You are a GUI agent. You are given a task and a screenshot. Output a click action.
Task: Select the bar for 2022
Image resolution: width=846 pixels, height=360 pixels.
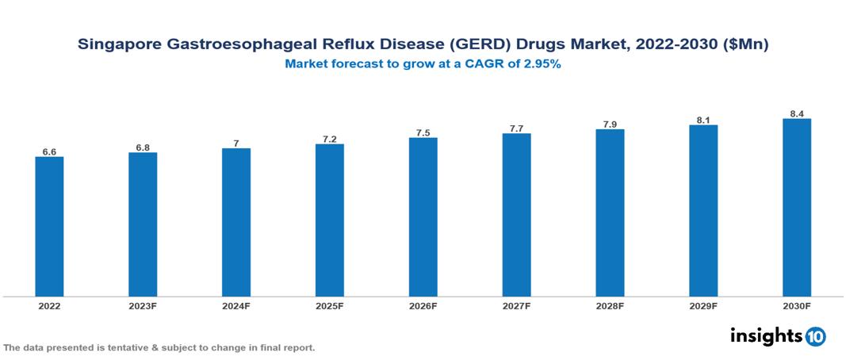click(x=49, y=227)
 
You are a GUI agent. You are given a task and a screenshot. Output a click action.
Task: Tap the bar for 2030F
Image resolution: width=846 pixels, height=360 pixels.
click(x=796, y=208)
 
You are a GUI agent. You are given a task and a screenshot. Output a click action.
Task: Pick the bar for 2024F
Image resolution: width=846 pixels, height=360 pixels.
click(x=236, y=223)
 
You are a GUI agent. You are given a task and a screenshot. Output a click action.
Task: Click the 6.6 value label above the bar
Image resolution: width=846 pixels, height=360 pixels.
click(x=49, y=151)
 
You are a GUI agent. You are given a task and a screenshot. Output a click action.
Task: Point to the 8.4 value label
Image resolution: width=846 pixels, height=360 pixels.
click(x=796, y=113)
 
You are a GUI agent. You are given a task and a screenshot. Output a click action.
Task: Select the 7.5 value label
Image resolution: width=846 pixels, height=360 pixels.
click(x=423, y=132)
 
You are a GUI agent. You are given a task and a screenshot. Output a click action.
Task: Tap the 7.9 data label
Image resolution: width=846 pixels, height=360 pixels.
click(x=610, y=124)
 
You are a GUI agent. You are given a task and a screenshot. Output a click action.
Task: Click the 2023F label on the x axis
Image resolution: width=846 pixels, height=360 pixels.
click(x=143, y=305)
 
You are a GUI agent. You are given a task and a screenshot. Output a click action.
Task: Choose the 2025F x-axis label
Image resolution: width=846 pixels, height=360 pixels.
click(x=329, y=305)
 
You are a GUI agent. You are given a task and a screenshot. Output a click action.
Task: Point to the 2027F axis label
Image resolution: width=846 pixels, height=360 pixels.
click(x=516, y=305)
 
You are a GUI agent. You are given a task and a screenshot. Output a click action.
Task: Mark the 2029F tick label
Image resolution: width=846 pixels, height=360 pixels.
click(x=702, y=305)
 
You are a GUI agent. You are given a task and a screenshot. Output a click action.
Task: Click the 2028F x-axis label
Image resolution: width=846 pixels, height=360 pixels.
click(x=610, y=305)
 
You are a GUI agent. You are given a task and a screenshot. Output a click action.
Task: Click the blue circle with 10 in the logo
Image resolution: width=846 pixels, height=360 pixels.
click(x=815, y=336)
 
